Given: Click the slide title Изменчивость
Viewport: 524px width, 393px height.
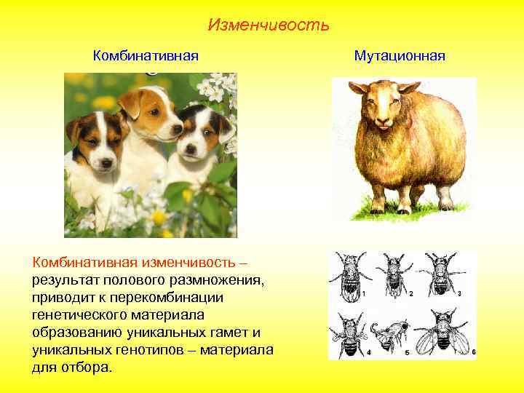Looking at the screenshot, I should pos(268,25).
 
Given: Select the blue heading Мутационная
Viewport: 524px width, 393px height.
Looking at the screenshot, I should pos(400,56).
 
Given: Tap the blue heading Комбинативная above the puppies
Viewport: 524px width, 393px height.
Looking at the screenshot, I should pos(146,56).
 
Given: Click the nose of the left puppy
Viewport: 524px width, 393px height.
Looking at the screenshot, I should pos(106,163).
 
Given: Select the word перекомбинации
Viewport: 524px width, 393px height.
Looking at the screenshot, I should pos(173,298).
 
